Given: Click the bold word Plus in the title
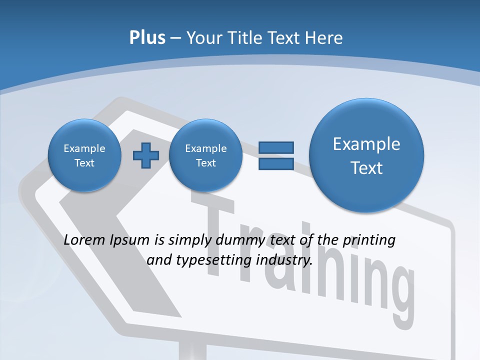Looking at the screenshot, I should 147,38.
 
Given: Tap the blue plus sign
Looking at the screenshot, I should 145,155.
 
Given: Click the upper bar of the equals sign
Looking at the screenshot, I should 276,147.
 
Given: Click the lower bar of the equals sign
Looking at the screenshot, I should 276,163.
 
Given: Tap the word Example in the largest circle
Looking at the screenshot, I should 366,144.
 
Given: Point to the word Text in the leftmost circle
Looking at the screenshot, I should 84,163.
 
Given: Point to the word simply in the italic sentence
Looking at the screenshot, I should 189,240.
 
